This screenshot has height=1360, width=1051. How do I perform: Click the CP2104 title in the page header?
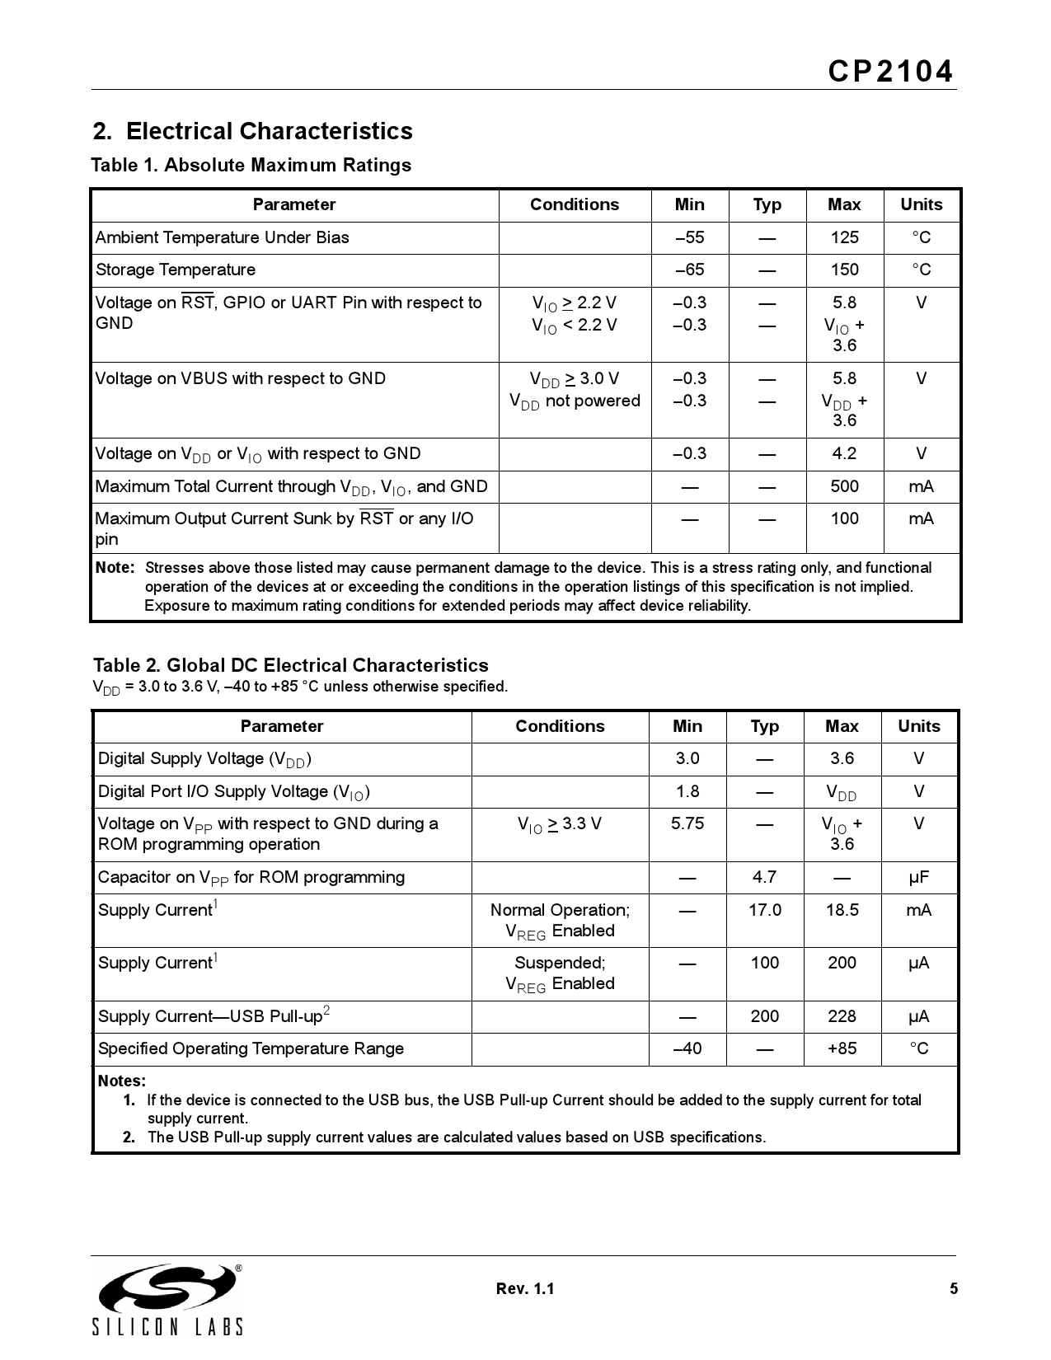tap(890, 73)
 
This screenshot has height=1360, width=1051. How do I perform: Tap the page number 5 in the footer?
tap(954, 1289)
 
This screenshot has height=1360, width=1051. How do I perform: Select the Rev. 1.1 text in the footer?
tap(525, 1289)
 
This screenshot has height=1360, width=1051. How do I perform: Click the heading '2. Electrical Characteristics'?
tap(252, 131)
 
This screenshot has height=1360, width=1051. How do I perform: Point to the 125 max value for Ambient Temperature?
tap(844, 237)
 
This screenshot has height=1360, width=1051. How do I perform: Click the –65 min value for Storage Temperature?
tap(689, 270)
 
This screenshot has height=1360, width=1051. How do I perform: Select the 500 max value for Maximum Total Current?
tap(844, 486)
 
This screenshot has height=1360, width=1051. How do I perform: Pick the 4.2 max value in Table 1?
tap(844, 453)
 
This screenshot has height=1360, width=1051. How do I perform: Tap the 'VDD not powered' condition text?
tap(575, 401)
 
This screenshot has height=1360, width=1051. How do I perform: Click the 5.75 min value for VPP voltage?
tap(687, 823)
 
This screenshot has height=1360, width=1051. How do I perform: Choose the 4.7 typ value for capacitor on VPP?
tap(764, 877)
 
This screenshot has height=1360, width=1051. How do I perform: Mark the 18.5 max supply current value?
tap(842, 910)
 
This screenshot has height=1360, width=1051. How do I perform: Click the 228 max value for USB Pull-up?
tap(842, 1016)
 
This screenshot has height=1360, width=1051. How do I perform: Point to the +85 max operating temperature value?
tap(842, 1048)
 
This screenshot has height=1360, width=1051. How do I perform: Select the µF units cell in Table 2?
tap(918, 877)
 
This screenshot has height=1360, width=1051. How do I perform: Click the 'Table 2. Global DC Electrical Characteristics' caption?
tap(290, 665)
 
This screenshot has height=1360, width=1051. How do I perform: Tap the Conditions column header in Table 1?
tap(575, 204)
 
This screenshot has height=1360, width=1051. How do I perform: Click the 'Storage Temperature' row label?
tap(176, 270)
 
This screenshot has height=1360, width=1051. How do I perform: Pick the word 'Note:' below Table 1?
tap(115, 567)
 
